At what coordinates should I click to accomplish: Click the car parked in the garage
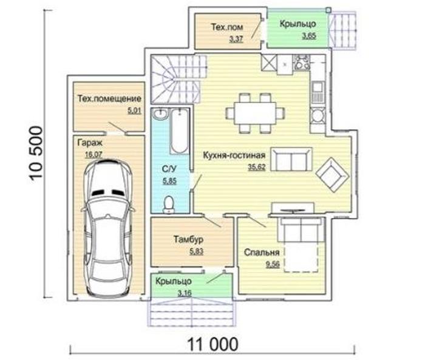click(x=109, y=228)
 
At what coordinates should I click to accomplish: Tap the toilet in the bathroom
click(x=169, y=205)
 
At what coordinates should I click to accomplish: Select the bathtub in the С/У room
click(x=179, y=131)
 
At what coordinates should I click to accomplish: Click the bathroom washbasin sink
click(x=160, y=114)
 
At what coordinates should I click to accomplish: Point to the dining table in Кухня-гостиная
click(x=256, y=113)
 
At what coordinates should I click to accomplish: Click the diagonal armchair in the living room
click(x=333, y=175)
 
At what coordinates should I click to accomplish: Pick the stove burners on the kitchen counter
click(x=301, y=63)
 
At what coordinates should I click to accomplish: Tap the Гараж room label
click(x=90, y=143)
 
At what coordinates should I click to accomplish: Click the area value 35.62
click(x=257, y=167)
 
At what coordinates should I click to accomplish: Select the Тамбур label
click(x=188, y=239)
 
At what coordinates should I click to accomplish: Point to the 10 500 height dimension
click(x=36, y=154)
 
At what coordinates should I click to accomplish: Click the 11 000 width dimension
click(x=212, y=344)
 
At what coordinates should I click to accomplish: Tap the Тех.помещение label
click(x=109, y=98)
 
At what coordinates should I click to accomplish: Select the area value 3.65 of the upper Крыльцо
click(x=309, y=35)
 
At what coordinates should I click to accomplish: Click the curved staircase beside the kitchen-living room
click(x=177, y=79)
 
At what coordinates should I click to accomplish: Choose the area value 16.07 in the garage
click(x=93, y=155)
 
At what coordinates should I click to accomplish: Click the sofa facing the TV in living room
click(x=291, y=160)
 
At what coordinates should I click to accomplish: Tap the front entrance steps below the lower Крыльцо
click(x=191, y=312)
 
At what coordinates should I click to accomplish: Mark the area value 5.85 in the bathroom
click(x=169, y=181)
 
